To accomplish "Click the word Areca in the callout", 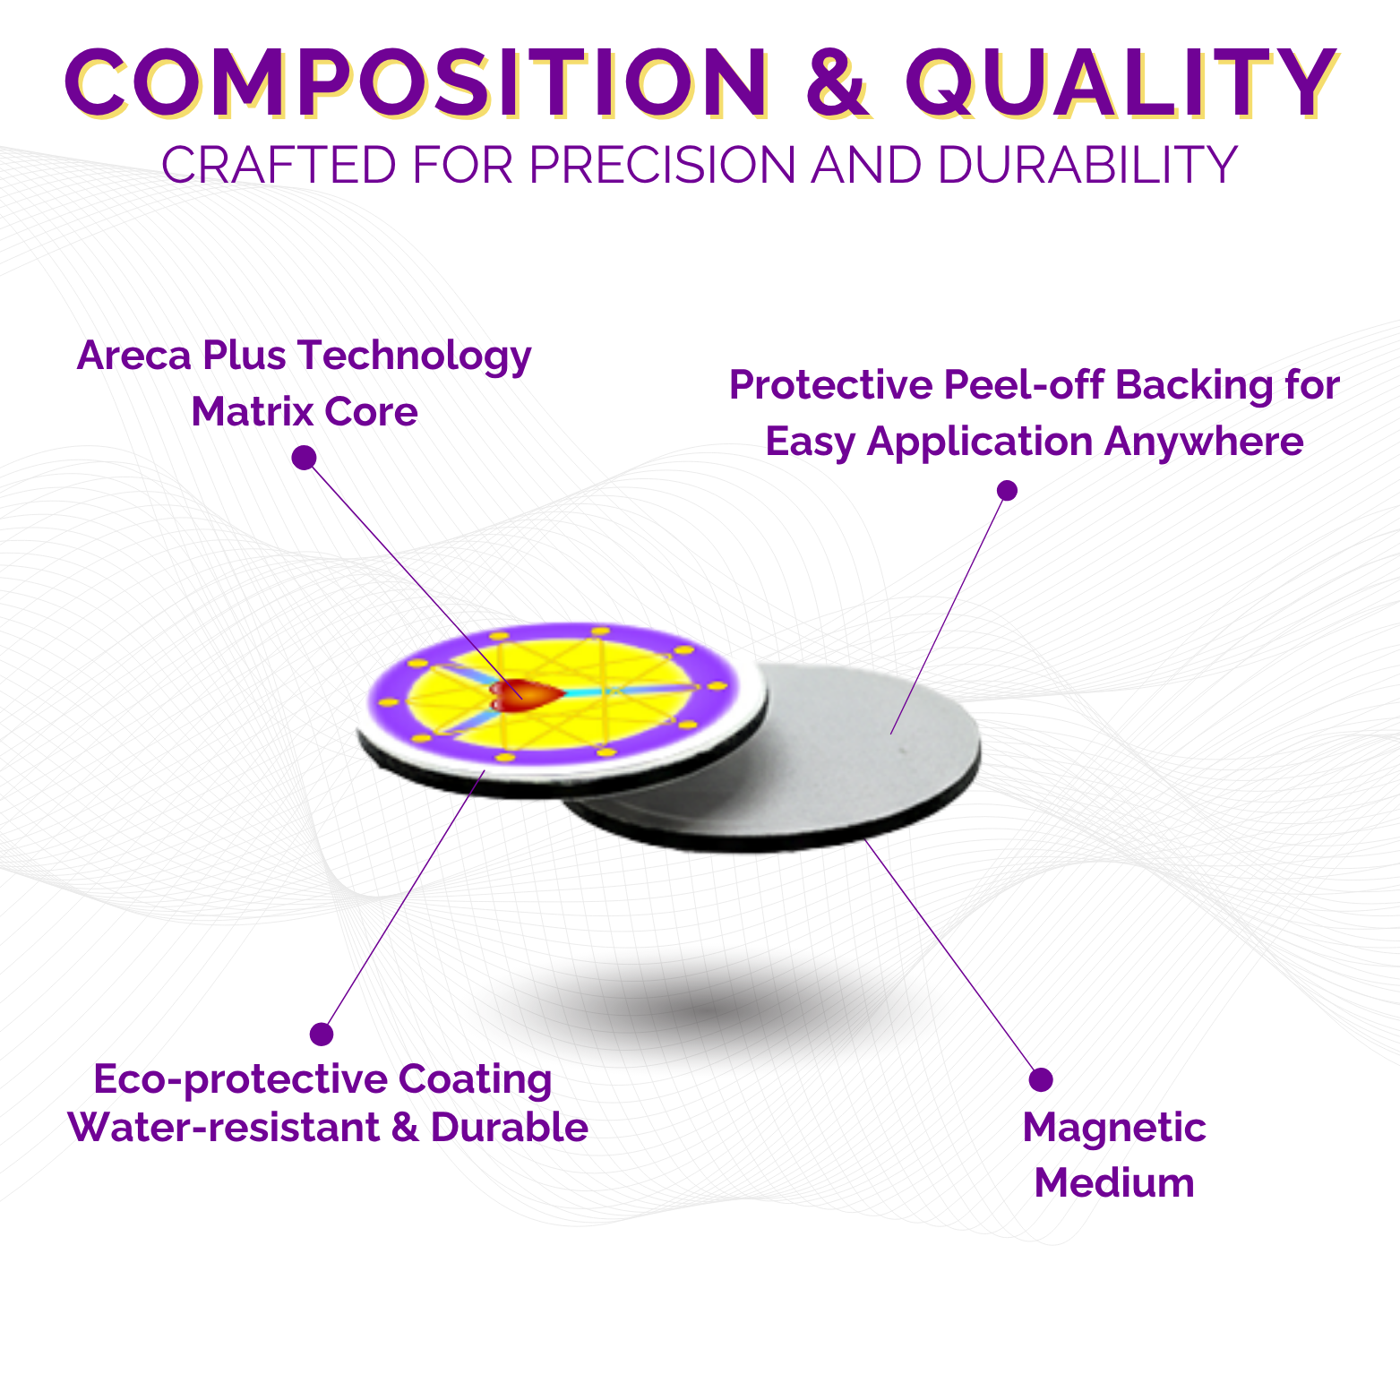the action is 134,355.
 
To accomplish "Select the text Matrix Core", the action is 305,412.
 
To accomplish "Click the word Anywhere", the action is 1204,442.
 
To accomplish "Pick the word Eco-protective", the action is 240,1079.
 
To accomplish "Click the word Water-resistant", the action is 224,1127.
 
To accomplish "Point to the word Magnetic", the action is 1114,1129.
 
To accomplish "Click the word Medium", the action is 1114,1183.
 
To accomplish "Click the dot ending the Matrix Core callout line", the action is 305,458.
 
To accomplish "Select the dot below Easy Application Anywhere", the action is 1008,490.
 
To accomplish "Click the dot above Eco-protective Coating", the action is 322,1034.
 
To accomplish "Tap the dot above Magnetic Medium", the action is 1041,1079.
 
